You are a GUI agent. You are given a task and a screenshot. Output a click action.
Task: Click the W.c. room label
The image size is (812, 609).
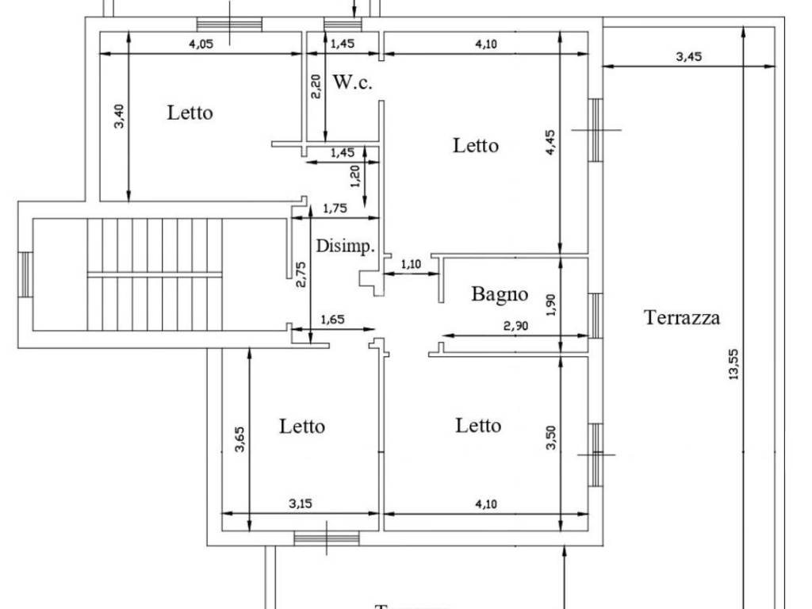[x=352, y=82]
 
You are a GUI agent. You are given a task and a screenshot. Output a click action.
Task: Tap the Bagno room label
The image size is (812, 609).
[x=500, y=294]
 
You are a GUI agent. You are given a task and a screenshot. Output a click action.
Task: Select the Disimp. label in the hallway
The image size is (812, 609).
[x=345, y=247]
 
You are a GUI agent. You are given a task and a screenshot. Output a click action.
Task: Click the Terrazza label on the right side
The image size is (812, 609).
[x=682, y=318]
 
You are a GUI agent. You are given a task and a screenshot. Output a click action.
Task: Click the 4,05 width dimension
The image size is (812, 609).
[x=202, y=44]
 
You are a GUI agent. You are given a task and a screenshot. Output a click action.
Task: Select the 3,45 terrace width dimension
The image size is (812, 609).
[x=688, y=56]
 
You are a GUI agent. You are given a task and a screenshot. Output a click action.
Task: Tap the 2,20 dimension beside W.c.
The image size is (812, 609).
[x=316, y=86]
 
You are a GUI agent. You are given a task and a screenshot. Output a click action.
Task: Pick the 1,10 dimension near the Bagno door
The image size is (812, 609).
[x=412, y=264]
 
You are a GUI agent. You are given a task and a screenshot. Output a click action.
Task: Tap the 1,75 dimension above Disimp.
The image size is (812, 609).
[x=336, y=209]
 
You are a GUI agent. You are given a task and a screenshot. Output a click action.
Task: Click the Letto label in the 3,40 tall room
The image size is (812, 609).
[x=190, y=113]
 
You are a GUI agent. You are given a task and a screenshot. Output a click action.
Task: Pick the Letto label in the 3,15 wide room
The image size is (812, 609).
[x=302, y=427]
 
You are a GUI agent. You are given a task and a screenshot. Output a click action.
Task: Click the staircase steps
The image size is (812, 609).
[x=155, y=274]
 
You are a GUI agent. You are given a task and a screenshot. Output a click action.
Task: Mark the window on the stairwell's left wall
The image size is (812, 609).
[x=25, y=274]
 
